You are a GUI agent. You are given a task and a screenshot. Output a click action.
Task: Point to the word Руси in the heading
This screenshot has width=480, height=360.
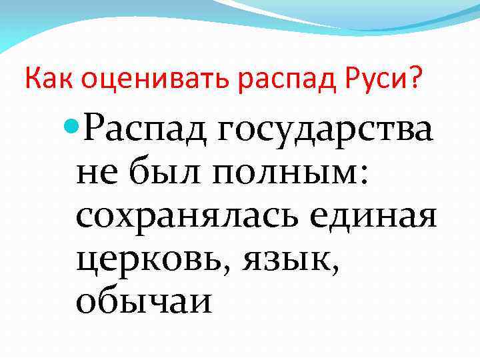pyautogui.click(x=389, y=80)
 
